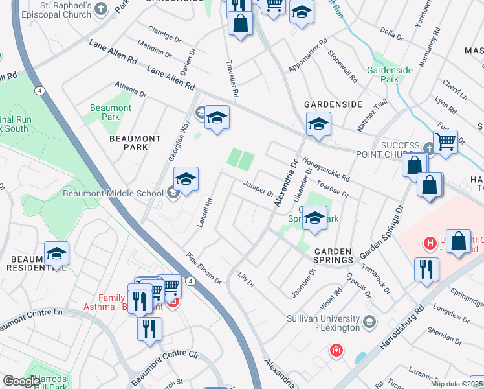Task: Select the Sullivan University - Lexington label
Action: tap(324, 323)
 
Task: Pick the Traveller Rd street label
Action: tap(230, 78)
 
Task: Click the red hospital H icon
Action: tap(428, 244)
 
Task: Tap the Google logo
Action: tap(21, 381)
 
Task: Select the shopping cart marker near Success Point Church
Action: tap(445, 141)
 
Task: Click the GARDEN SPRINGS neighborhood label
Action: tap(333, 255)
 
